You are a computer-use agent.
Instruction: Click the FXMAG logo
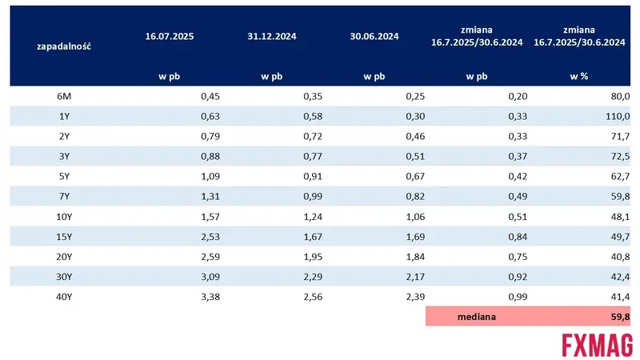[597, 345]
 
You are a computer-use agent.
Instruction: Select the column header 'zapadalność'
[64, 46]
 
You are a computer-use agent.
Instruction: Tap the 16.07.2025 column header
[170, 36]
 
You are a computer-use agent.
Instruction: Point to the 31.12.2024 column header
[272, 36]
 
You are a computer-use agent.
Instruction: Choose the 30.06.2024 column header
[374, 36]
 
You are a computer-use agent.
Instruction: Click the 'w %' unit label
[578, 76]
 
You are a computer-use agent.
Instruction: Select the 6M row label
[64, 96]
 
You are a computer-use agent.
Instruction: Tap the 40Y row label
[64, 297]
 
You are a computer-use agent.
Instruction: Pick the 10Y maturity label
[64, 217]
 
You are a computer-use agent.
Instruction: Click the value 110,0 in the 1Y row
[618, 116]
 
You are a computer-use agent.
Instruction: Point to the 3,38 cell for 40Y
[210, 297]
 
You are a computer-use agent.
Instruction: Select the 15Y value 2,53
[210, 237]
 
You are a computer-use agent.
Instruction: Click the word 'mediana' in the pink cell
[477, 317]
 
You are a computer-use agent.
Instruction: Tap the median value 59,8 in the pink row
[621, 317]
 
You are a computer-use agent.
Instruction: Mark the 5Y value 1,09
[210, 176]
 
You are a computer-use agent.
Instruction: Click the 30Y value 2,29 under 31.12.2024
[313, 277]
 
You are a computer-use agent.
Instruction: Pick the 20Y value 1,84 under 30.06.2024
[415, 257]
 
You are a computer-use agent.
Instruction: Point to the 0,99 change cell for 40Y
[518, 297]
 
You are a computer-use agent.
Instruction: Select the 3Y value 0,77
[313, 156]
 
